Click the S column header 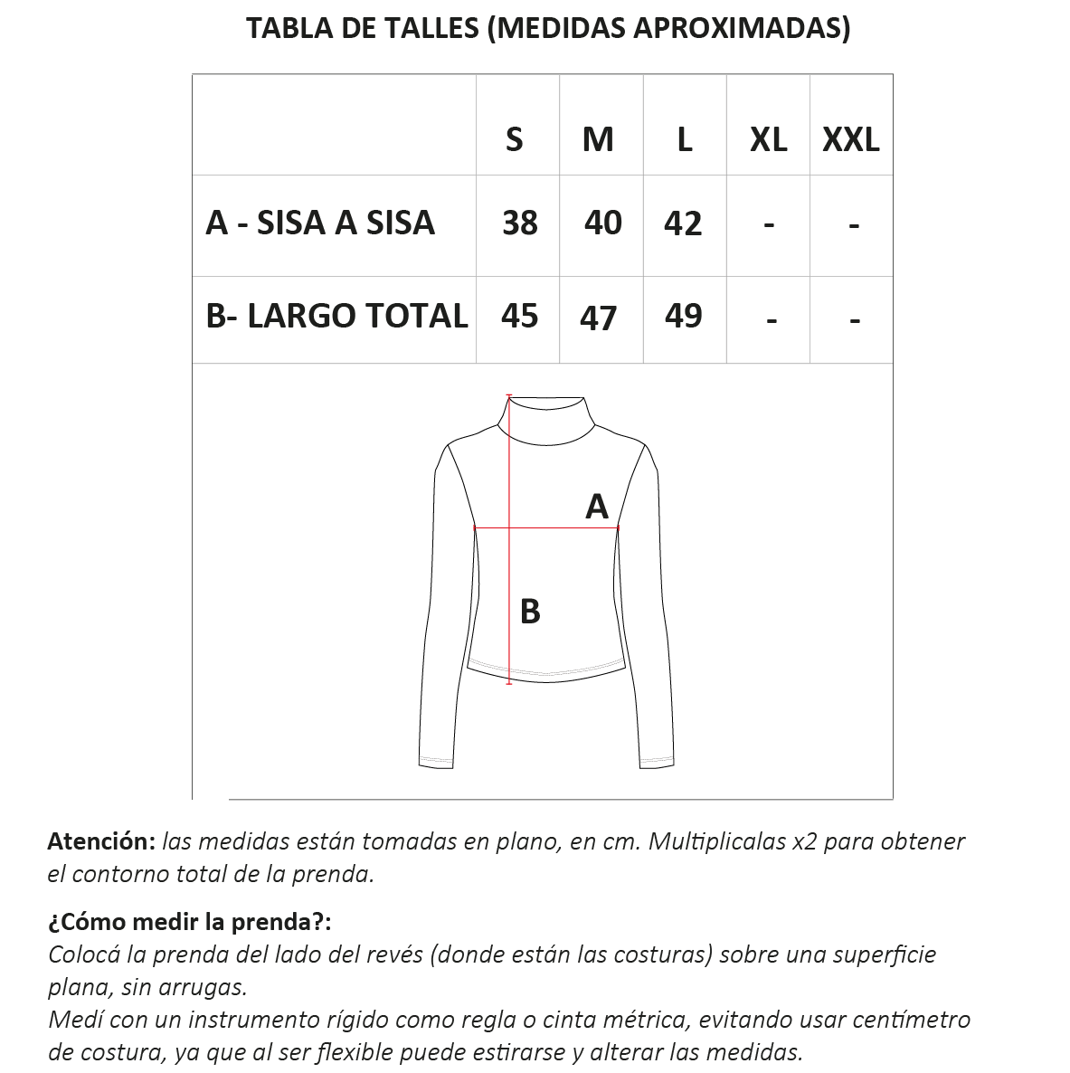tap(514, 139)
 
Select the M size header tap(598, 139)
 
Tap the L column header tap(685, 139)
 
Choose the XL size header tap(768, 139)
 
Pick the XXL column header tap(850, 139)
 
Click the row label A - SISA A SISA tap(320, 223)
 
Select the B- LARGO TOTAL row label tap(336, 316)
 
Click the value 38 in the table tap(520, 223)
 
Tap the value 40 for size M tap(602, 223)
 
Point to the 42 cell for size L tap(683, 223)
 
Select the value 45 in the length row tap(519, 316)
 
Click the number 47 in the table tap(598, 318)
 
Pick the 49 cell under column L tap(683, 316)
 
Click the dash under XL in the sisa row tap(769, 223)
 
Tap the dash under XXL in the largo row tap(855, 319)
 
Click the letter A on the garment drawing tap(597, 506)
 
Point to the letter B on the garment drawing tap(530, 612)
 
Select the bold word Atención tap(101, 841)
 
